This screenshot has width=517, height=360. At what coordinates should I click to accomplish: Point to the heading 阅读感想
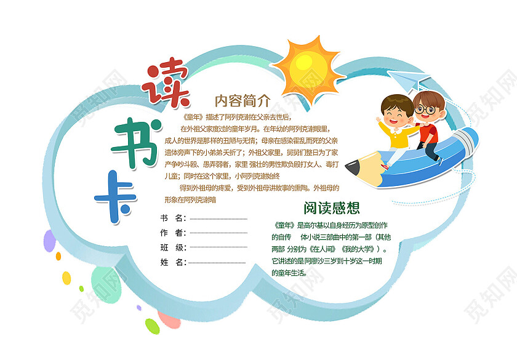coord(331,207)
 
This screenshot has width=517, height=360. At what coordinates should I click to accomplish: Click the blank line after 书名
coord(218,218)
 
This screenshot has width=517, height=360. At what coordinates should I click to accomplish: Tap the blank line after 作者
coord(218,233)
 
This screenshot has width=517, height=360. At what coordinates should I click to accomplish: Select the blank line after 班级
coord(218,248)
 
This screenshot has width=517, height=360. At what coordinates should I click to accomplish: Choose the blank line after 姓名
coord(218,263)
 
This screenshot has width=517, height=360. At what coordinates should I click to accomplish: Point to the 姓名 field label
coord(172,263)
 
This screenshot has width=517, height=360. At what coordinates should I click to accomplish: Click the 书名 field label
coord(172,218)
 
